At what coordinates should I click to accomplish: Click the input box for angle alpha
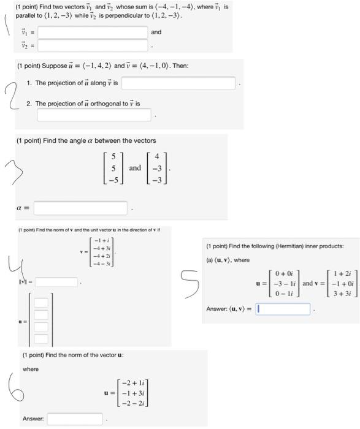click(x=80, y=208)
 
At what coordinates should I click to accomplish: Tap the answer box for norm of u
click(x=66, y=419)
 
